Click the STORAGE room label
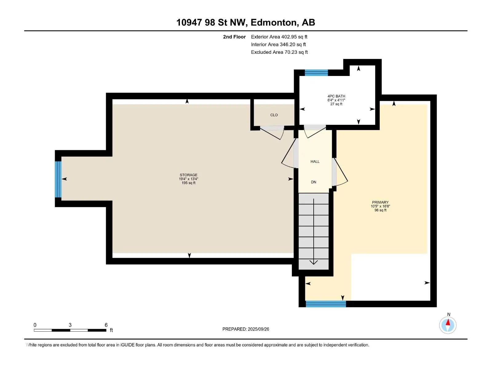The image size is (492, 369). pos(188,175)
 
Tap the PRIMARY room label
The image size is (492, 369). pos(380,202)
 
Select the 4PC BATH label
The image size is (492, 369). pos(336,96)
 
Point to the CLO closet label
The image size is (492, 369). pos(274,115)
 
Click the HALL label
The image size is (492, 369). pos(315,161)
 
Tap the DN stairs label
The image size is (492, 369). pos(314,182)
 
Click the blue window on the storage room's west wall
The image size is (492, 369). pos(58,179)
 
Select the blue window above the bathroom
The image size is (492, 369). pos(316,73)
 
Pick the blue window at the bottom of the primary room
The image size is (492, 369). pos(326,304)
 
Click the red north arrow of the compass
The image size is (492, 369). pos(448,322)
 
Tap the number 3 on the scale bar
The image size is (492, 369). pos(70,325)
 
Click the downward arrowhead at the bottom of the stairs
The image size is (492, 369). pos(313,262)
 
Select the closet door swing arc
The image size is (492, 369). pos(282,134)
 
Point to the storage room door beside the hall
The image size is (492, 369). pos(289,153)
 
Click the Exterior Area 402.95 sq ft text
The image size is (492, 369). pos(279,37)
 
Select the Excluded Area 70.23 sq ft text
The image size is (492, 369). pos(279,52)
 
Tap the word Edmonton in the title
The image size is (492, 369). pos(275,22)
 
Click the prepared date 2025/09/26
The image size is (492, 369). pos(258,329)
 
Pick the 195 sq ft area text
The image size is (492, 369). pos(188,183)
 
